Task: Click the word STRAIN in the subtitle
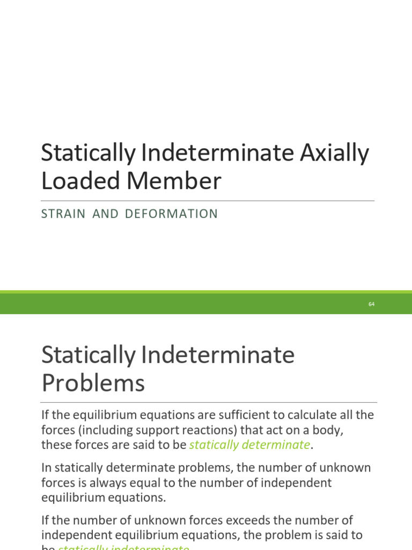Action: (63, 214)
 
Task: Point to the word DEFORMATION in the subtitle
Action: (171, 214)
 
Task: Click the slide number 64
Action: (371, 304)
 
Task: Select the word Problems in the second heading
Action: (93, 383)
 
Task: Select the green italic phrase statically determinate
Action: (249, 445)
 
